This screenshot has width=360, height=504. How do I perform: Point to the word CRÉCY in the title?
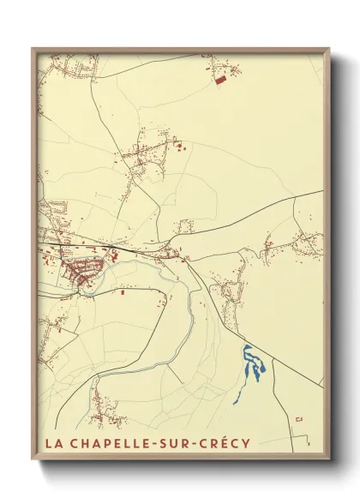point(224,444)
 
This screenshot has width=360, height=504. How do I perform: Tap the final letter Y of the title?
point(246,444)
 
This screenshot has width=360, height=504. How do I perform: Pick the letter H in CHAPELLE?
point(81,444)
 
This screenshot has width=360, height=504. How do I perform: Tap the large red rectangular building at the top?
point(221,79)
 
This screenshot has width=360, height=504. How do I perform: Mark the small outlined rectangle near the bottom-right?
point(299,418)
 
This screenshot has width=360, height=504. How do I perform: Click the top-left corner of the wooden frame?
point(33,48)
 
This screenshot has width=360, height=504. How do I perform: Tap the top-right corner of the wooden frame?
point(329,48)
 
